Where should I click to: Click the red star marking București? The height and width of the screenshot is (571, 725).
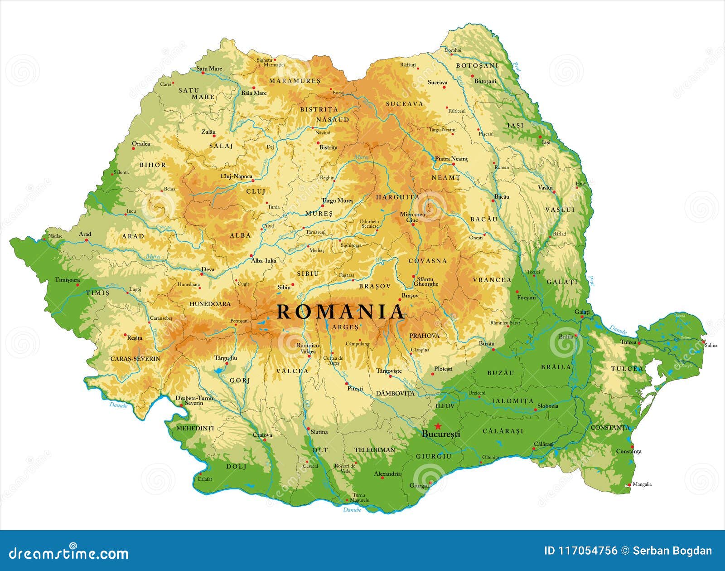(x=438, y=426)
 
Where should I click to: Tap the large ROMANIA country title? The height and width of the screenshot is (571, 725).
(x=340, y=312)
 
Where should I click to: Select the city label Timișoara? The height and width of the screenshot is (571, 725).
(x=67, y=280)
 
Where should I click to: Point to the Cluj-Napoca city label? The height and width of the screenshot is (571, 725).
(x=236, y=176)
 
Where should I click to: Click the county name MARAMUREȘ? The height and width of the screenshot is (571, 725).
(x=295, y=81)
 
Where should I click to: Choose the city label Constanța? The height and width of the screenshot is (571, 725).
(x=628, y=451)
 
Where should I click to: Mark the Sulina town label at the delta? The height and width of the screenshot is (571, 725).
(x=711, y=345)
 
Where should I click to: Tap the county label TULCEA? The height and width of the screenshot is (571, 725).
(x=627, y=369)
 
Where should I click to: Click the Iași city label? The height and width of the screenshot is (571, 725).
(x=546, y=142)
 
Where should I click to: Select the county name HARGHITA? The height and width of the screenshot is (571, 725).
(x=397, y=197)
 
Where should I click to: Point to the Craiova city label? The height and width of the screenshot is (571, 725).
(x=262, y=435)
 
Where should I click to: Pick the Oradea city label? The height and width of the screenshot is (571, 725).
(x=141, y=144)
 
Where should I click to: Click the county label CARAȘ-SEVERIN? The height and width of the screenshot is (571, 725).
(x=135, y=358)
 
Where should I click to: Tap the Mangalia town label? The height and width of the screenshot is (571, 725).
(x=642, y=484)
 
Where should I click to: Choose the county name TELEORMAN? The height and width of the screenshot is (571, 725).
(x=374, y=450)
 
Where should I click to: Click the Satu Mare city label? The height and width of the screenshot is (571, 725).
(x=209, y=69)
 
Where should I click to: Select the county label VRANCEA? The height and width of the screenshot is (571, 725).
(x=492, y=280)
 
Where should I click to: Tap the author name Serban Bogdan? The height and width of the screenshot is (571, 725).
(x=672, y=551)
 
